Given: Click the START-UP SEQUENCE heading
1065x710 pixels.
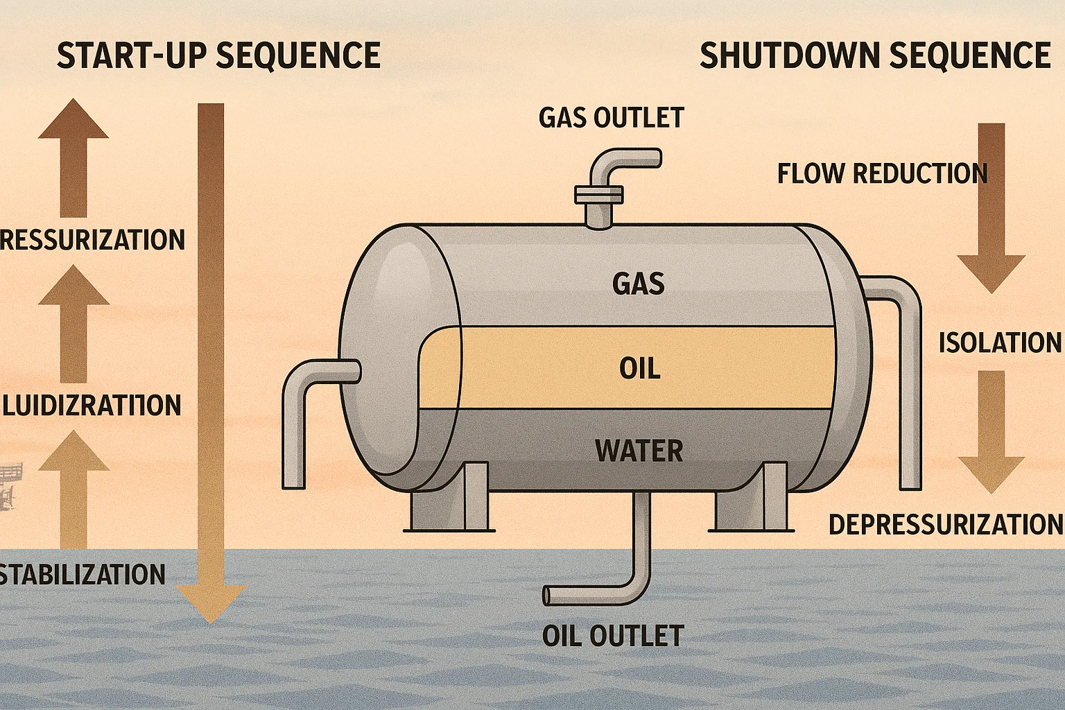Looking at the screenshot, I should pos(218,55).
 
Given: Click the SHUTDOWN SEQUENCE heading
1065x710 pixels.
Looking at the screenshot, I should pos(875,55).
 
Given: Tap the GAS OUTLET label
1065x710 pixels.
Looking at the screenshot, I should pos(611,118).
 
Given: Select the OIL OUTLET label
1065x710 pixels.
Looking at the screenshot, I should pos(613,636).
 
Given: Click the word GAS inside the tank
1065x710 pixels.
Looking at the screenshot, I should pos(639,284).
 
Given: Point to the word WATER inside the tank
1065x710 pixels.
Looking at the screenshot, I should pos(639,451).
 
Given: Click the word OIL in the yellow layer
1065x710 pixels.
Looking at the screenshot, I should pos(639,368).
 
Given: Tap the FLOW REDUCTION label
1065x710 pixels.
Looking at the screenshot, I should pos(882,173).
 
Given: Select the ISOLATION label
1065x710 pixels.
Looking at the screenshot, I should pos(1000,343).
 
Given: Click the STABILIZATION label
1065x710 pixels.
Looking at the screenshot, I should pos(83,574).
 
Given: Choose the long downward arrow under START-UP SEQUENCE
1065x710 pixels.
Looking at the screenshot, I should pos(211,361).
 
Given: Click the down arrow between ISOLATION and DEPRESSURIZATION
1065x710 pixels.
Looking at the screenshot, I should pos(991,430).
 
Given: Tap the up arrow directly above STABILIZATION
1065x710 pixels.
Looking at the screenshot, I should pos(73,485).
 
